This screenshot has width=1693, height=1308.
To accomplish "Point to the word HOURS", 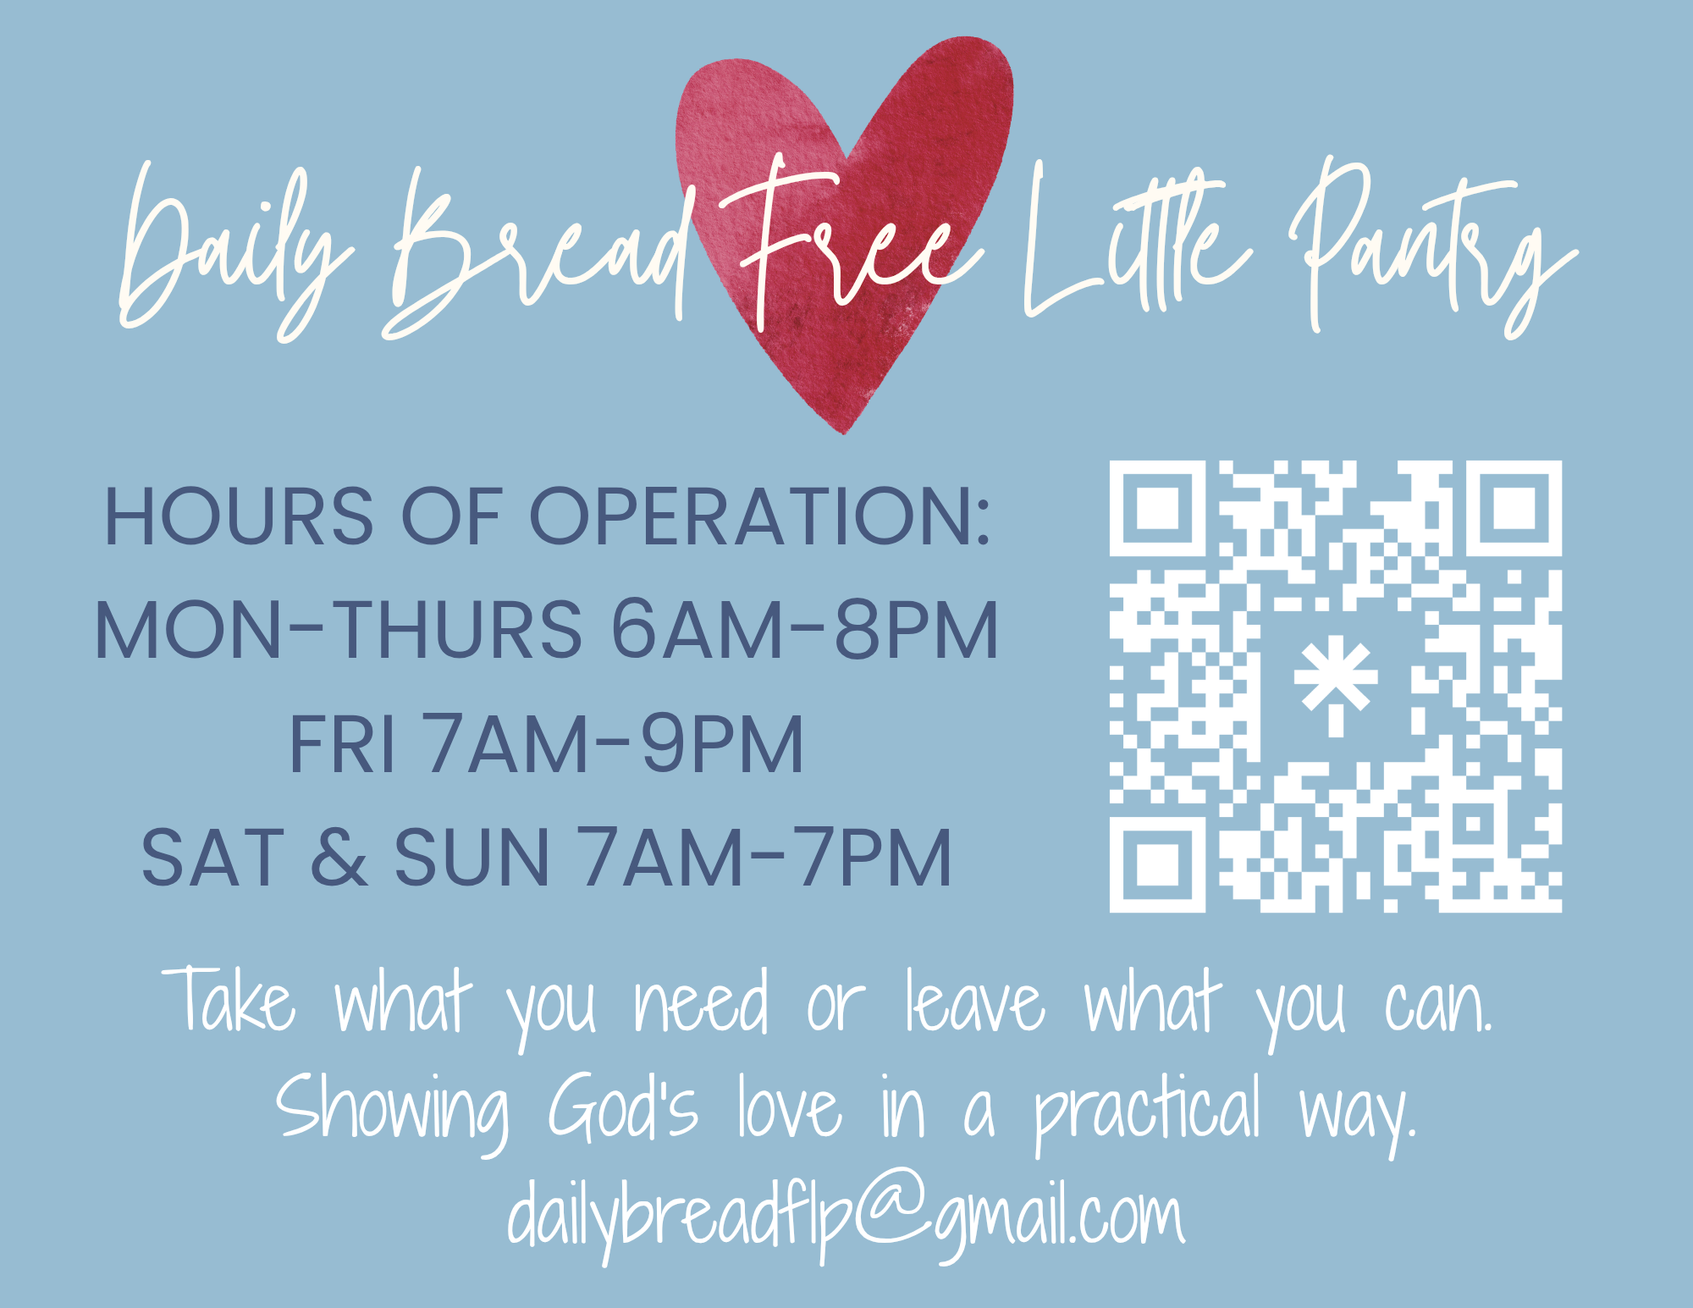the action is (238, 516).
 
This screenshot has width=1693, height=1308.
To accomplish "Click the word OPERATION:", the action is (759, 516).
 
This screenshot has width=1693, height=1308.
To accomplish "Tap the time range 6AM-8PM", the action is (805, 629).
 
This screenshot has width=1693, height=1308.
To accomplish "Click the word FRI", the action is (342, 743).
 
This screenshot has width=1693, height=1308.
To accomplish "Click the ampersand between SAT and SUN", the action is (339, 857).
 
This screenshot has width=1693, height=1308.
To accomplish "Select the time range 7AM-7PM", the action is (764, 857).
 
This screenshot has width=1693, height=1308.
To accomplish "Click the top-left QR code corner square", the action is (1157, 508).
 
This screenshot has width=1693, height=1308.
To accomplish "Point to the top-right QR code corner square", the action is (1514, 508).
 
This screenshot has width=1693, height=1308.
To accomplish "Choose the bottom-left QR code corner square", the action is (1157, 865).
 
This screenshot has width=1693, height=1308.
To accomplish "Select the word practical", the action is (1148, 1112).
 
